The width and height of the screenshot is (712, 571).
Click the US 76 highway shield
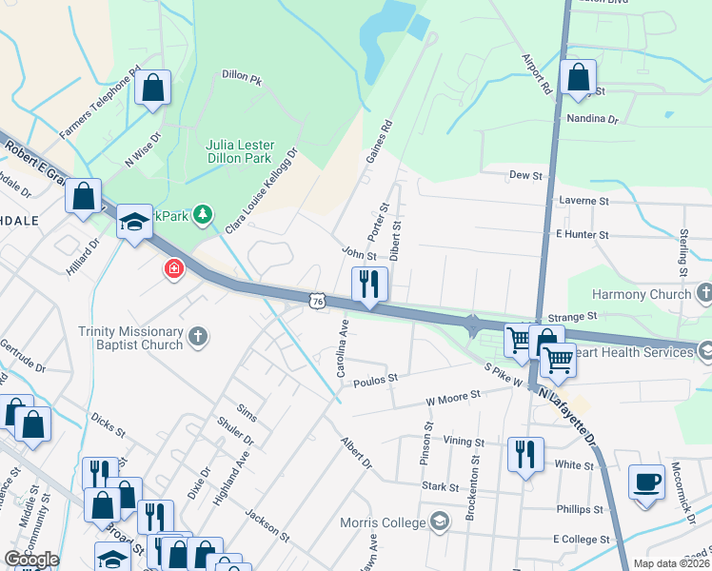point(316,301)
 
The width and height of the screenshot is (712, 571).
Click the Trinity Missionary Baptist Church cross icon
point(198,335)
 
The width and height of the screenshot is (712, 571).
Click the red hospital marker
point(173,269)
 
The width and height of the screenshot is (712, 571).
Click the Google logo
point(31,560)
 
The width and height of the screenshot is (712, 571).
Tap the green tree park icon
point(202,216)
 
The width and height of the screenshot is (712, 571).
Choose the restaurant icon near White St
point(525,454)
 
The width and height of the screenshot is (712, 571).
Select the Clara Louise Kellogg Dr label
point(261,190)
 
